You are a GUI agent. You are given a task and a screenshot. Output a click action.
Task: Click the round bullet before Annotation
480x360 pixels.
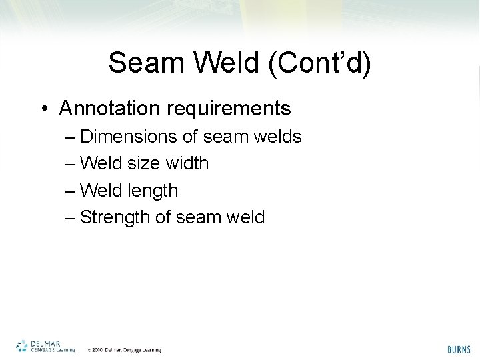coord(43,108)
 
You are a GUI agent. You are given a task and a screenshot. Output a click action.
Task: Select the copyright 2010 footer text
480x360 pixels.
coord(124,349)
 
